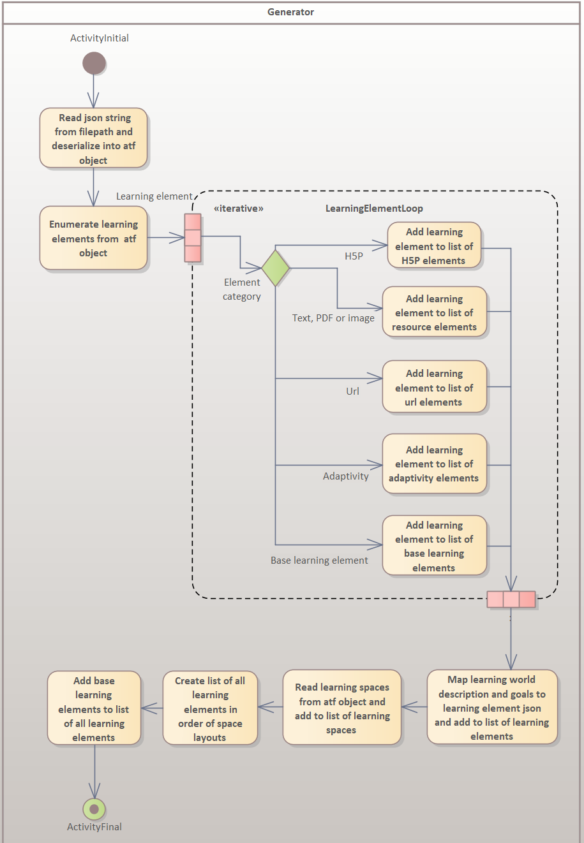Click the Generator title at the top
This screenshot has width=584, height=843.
[290, 12]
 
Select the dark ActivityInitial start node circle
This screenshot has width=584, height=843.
[94, 63]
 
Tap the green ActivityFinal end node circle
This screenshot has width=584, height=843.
[94, 809]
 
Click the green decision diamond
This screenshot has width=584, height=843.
[276, 268]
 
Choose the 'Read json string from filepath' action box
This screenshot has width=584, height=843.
[94, 138]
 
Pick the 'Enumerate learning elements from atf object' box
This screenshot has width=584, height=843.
[94, 238]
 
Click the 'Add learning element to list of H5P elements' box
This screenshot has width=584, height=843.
[434, 246]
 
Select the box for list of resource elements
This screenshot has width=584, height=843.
[434, 312]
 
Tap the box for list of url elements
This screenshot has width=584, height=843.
[434, 388]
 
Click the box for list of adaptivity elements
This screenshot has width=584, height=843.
[434, 464]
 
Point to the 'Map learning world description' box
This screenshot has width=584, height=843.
[491, 708]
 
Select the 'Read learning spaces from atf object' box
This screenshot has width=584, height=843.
[342, 708]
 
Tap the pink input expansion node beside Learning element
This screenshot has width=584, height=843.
[193, 238]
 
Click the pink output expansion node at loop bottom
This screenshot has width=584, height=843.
[511, 599]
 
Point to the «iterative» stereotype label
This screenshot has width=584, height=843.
[239, 209]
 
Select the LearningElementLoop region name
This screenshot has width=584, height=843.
[374, 209]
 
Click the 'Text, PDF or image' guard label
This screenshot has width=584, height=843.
[333, 318]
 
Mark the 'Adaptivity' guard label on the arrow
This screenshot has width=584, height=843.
[345, 476]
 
